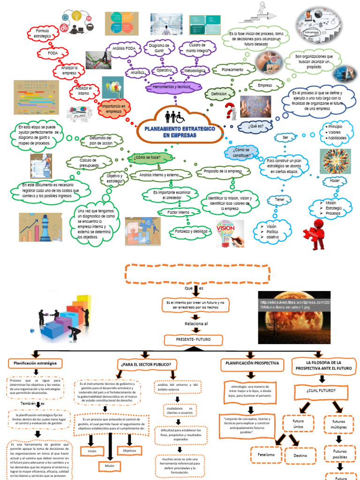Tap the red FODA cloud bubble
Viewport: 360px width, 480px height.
pos(53,54)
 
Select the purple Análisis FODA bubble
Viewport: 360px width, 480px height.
pos(124,48)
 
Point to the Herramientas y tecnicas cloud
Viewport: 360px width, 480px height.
pos(172,87)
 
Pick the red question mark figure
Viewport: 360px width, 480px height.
pos(229,112)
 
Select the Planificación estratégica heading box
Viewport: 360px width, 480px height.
pos(35,363)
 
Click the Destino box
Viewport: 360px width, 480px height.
pos(300,455)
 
